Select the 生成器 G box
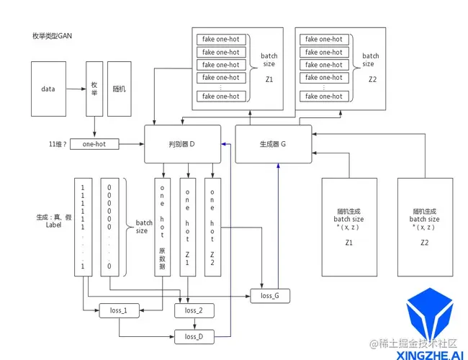(274, 143)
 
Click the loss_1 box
(119, 310)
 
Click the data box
(48, 89)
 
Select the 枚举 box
(94, 89)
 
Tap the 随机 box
(120, 89)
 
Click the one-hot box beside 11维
(94, 144)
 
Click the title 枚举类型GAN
(52, 35)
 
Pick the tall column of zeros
(109, 226)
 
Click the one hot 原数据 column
(163, 226)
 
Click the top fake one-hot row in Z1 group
(221, 40)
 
